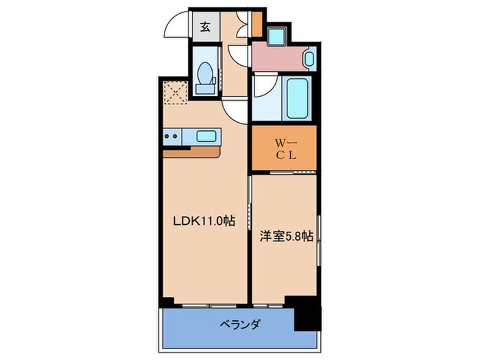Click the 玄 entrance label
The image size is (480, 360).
(206, 27)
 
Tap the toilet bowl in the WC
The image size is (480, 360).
(204, 73)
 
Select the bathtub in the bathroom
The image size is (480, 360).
(297, 97)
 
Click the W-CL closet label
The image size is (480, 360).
(286, 149)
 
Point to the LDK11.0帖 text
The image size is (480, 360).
(204, 221)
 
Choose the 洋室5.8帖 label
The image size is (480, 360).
(286, 236)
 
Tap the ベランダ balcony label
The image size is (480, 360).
(240, 324)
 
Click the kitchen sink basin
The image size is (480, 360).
(206, 136)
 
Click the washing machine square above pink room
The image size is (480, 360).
(277, 36)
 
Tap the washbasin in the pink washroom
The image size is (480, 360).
(309, 59)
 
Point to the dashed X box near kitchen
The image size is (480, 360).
(175, 93)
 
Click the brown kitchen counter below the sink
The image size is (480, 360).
(191, 152)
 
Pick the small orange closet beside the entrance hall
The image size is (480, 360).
(257, 24)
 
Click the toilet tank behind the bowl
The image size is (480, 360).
(204, 88)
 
